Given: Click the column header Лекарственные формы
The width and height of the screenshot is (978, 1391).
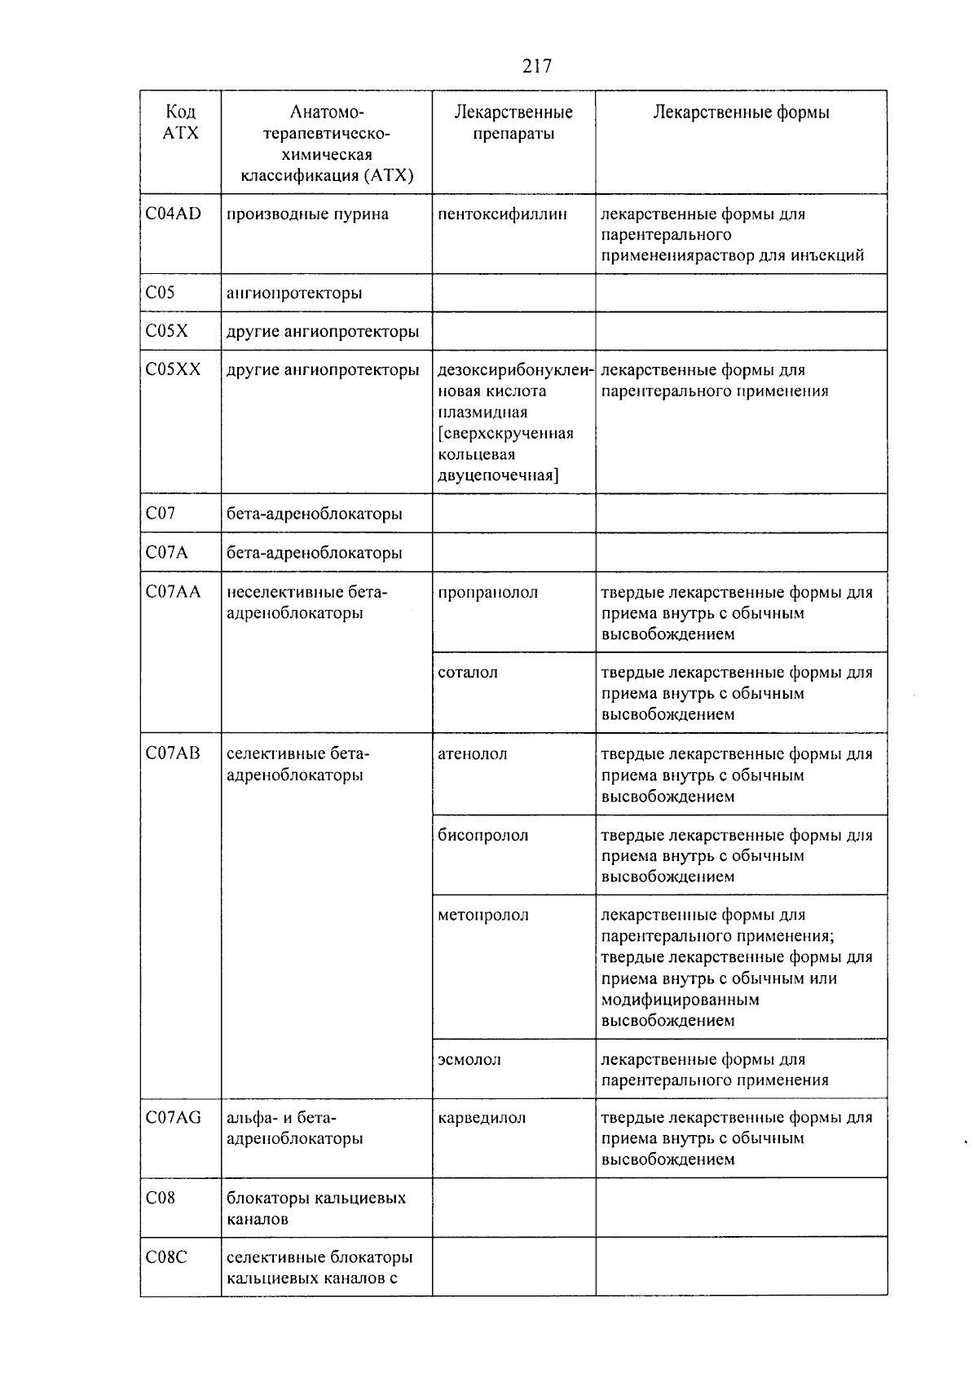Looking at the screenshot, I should [741, 113].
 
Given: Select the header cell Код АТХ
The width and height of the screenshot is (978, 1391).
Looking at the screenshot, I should [180, 122].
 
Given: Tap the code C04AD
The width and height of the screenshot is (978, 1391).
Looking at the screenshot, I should [173, 214].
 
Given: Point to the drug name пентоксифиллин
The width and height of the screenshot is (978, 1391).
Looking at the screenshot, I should [502, 214].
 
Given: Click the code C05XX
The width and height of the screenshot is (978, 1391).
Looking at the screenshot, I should [173, 370].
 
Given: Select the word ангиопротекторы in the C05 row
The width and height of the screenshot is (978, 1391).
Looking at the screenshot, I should [294, 293].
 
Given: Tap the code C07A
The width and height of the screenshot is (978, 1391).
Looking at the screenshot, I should [166, 553].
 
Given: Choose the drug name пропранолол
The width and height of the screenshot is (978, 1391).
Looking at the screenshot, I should [487, 593].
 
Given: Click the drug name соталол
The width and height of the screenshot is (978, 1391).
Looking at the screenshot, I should [467, 673].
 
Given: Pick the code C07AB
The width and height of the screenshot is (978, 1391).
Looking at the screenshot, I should [173, 754].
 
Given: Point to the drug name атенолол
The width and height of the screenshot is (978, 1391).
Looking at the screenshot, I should [472, 754].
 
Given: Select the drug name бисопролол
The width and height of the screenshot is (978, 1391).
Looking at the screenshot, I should [482, 836].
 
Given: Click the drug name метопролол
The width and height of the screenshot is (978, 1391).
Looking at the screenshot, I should [482, 916].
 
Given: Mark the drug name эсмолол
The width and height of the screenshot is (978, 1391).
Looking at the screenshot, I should [469, 1060].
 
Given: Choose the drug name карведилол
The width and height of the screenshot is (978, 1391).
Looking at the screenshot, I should [481, 1118].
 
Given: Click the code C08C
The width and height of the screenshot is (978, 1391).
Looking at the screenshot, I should [166, 1257].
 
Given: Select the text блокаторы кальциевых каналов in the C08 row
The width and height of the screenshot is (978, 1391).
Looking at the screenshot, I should [315, 1208].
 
